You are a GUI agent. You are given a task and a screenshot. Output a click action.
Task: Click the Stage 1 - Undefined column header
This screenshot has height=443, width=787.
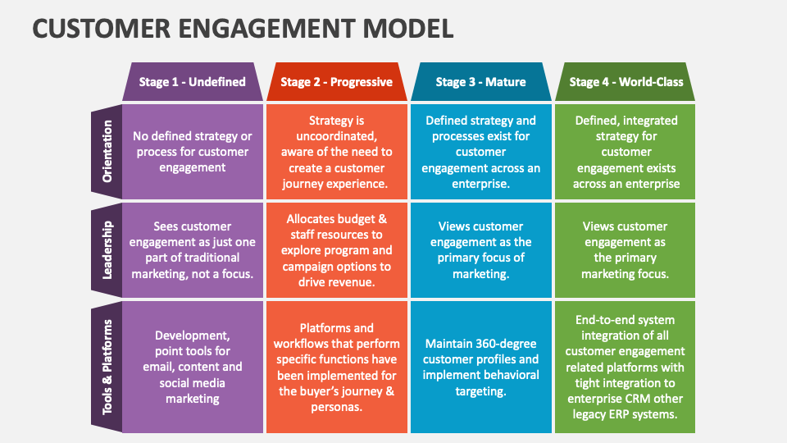pyautogui.click(x=192, y=81)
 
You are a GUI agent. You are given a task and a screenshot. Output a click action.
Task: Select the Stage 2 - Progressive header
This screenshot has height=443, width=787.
pyautogui.click(x=336, y=81)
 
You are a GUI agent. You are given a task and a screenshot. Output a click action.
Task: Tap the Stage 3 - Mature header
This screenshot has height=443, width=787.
pyautogui.click(x=481, y=81)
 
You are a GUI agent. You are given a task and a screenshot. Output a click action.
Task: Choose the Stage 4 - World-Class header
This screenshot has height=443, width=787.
pyautogui.click(x=626, y=81)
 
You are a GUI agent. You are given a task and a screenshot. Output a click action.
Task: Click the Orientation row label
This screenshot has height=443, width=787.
pyautogui.click(x=107, y=151)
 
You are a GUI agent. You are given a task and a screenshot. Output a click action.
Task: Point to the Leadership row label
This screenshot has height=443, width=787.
pyautogui.click(x=107, y=250)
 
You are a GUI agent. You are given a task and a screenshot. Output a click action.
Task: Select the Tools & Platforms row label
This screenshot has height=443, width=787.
pyautogui.click(x=107, y=368)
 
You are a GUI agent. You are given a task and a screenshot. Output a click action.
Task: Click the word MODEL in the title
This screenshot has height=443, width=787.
pyautogui.click(x=408, y=28)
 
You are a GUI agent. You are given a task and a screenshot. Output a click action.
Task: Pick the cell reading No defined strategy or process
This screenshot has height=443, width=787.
pyautogui.click(x=192, y=152)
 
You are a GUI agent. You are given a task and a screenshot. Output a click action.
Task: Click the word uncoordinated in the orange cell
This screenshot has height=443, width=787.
pyautogui.click(x=336, y=136)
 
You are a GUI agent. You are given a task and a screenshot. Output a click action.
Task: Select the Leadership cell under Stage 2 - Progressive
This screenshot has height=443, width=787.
pyautogui.click(x=337, y=250)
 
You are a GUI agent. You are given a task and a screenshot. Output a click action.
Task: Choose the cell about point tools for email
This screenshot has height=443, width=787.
pyautogui.click(x=192, y=368)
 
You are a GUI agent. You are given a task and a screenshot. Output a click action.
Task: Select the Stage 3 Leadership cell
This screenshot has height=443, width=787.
pyautogui.click(x=481, y=250)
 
